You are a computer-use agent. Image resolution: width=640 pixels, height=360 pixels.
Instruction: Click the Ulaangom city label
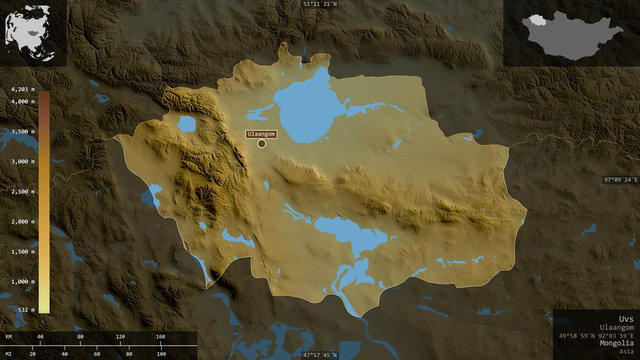point(261,132)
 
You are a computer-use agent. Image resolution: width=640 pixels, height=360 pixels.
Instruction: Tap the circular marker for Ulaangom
point(261,143)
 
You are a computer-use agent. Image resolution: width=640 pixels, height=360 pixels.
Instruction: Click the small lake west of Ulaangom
point(186,124)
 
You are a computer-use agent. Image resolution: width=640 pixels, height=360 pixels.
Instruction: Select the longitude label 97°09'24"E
point(618,180)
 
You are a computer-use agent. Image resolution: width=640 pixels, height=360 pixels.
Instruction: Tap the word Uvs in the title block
point(626,317)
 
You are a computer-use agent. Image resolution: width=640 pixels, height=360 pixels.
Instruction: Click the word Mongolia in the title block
point(616,343)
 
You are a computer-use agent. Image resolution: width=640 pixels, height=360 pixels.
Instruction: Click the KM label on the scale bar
point(9,336)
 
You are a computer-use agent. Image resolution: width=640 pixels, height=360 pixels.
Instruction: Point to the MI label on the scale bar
point(9,353)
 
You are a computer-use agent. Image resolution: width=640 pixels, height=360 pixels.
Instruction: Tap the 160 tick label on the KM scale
point(161,336)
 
